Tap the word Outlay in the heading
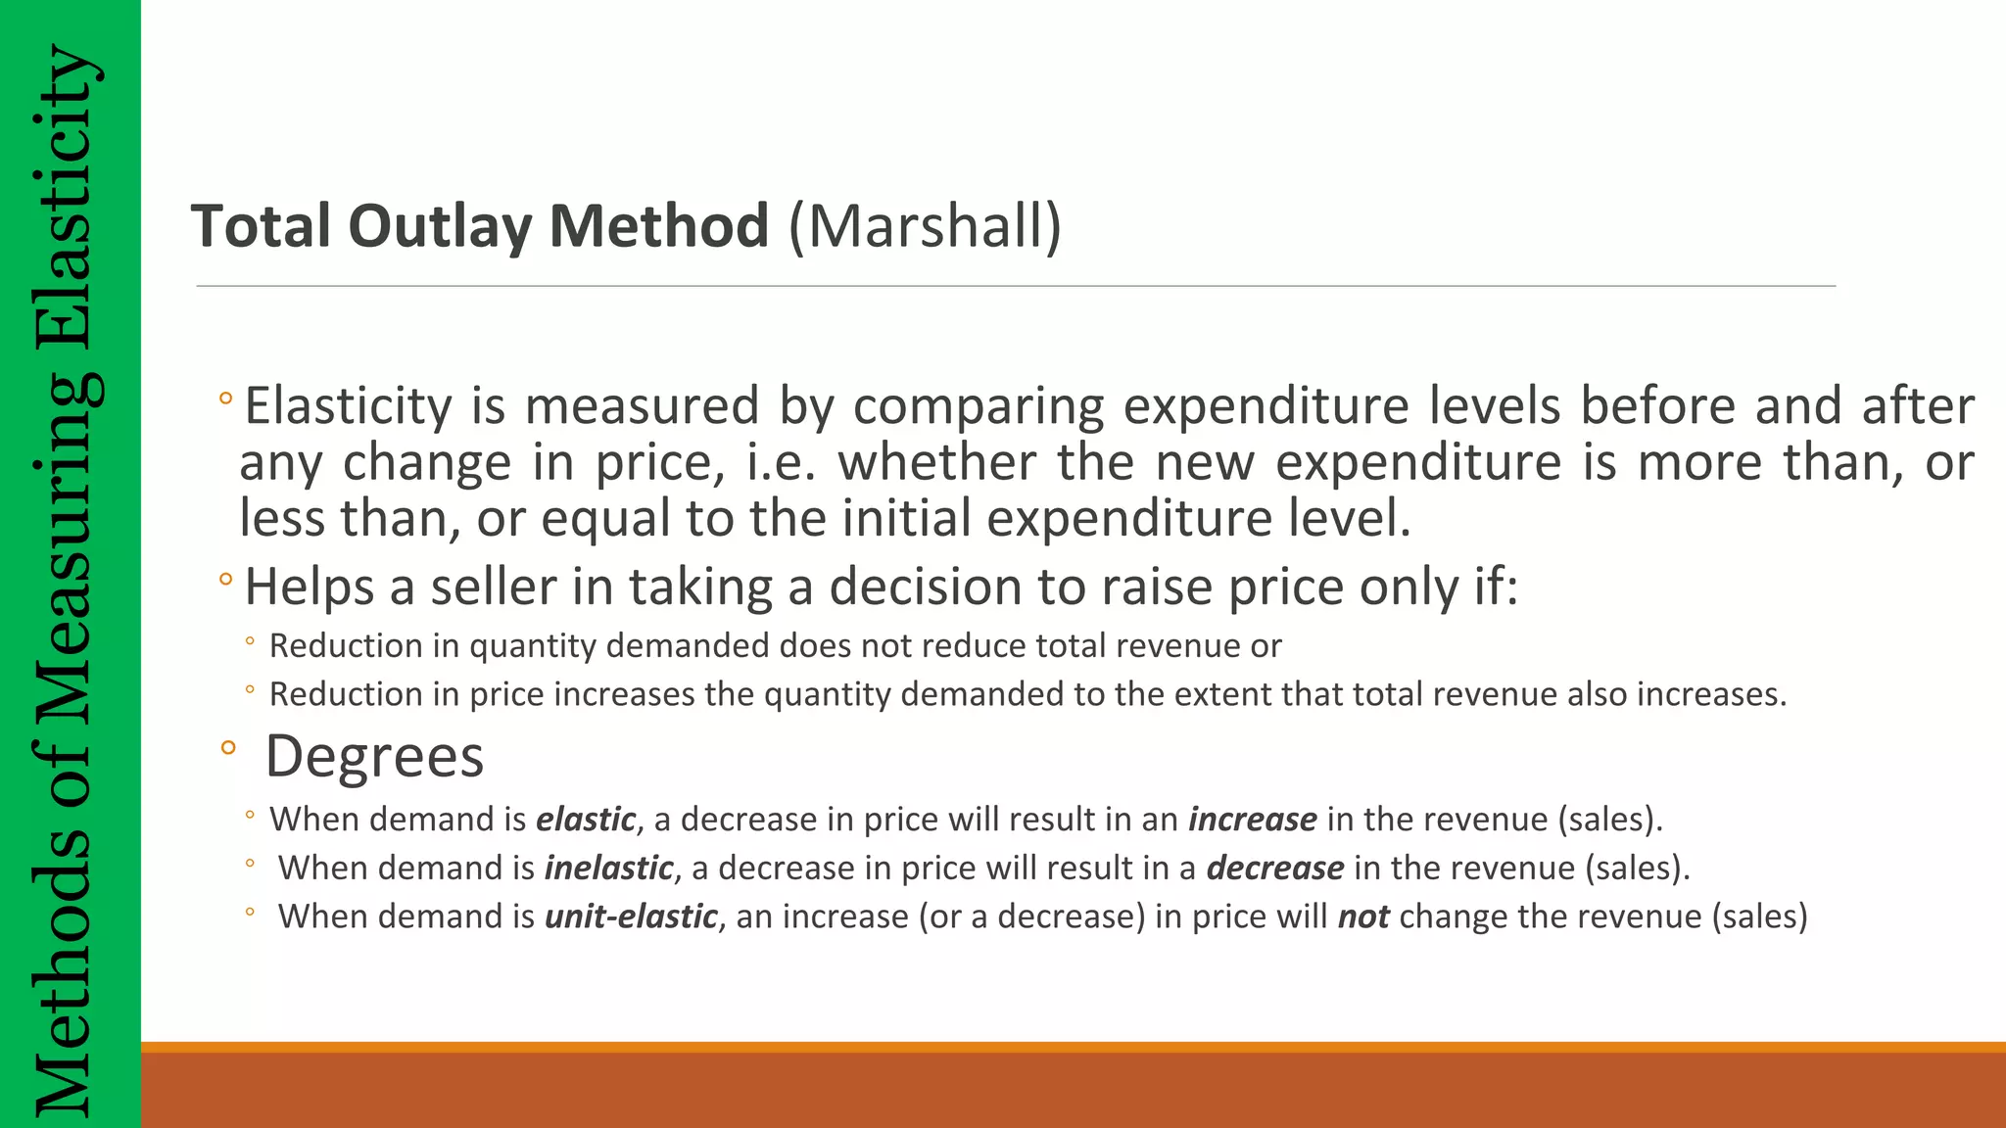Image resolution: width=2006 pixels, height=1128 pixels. click(x=440, y=226)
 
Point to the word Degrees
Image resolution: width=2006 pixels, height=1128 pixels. click(x=374, y=756)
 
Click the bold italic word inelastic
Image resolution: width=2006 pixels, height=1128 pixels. click(x=608, y=868)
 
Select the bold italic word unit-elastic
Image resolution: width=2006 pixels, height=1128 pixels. click(x=631, y=916)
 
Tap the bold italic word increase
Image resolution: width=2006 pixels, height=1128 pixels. click(x=1252, y=819)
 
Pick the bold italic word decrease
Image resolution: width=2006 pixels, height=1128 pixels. click(x=1274, y=868)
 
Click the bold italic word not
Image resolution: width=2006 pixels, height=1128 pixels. click(x=1363, y=916)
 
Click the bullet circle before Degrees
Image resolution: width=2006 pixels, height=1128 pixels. click(x=228, y=749)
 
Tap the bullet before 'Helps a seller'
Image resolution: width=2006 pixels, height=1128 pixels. click(x=226, y=580)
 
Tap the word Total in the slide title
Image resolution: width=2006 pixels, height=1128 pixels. click(x=261, y=226)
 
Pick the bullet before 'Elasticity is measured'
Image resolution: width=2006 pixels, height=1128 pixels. click(x=226, y=399)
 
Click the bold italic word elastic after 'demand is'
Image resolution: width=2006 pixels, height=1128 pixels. click(x=586, y=819)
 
